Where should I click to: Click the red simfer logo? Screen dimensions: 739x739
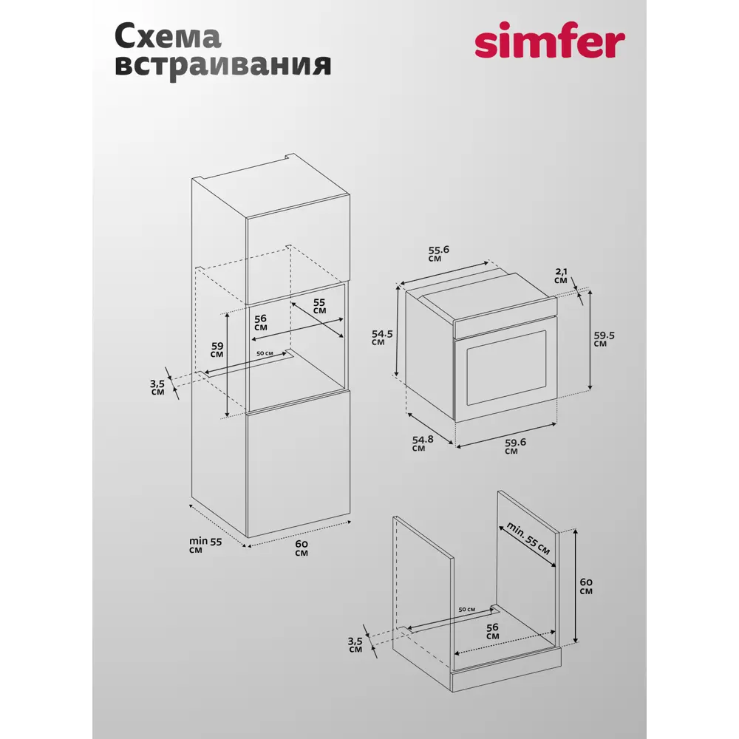point(550,40)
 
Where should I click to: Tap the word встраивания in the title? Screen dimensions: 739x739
point(222,65)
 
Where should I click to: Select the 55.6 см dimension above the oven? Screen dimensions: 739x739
point(439,253)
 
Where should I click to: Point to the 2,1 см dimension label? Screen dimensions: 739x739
point(561,276)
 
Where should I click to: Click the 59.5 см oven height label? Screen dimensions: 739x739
point(604,339)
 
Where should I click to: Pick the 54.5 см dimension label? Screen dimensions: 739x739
point(382,338)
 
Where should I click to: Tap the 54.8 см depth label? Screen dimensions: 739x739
point(422,443)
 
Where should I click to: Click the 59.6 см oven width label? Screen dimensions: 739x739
point(515,446)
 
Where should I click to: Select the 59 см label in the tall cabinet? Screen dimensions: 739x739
point(217,350)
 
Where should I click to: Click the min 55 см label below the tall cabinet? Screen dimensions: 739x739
point(205,545)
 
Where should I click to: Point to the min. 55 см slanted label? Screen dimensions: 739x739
point(528,538)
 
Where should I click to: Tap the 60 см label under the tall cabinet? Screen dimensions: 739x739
point(302,548)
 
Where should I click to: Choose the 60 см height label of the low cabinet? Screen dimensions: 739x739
point(586,586)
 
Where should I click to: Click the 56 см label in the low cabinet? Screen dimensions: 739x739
point(492,632)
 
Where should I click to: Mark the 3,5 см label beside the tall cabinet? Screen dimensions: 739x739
point(157,387)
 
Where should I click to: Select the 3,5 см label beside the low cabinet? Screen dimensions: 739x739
point(355,644)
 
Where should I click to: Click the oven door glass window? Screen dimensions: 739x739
point(506,367)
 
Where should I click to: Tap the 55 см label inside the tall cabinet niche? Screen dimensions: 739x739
point(319,307)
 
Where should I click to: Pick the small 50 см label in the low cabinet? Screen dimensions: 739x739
point(466,610)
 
